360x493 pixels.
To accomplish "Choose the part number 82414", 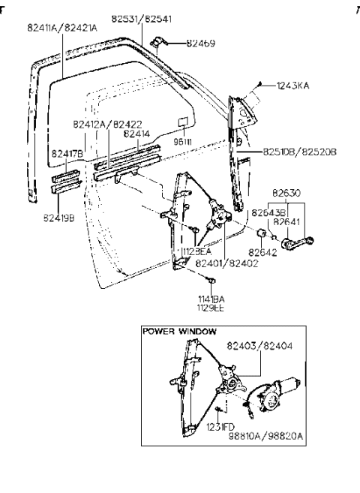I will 138,134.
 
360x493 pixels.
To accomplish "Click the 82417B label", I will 67,154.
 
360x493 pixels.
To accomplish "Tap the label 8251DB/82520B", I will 299,152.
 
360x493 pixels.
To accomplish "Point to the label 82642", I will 262,254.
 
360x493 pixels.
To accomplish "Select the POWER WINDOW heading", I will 180,331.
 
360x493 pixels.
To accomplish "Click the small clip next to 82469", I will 160,42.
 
